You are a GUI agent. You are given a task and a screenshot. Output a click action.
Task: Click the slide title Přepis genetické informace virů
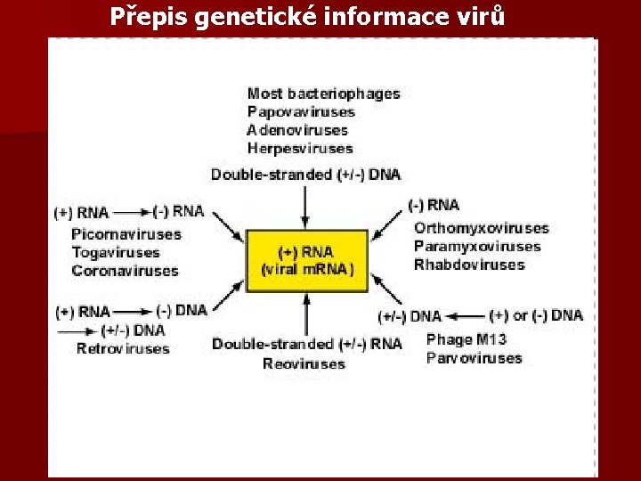click(x=308, y=17)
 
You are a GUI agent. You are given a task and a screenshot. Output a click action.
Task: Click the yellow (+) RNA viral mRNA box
click(x=306, y=260)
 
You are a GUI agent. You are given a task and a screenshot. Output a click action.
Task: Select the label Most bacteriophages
click(x=323, y=94)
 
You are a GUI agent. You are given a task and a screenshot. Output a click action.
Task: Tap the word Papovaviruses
click(x=301, y=112)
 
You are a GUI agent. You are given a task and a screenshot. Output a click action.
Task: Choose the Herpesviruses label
click(x=300, y=149)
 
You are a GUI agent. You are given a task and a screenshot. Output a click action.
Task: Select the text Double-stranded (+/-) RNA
click(x=306, y=344)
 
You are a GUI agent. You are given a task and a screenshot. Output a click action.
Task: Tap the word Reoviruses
click(x=304, y=363)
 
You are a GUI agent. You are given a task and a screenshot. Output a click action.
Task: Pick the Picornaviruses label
click(x=126, y=234)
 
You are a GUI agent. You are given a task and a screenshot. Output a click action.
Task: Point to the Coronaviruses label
click(x=125, y=271)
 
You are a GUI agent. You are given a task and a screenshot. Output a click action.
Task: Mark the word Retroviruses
click(x=122, y=348)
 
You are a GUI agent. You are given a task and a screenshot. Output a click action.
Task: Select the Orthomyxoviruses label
click(x=481, y=229)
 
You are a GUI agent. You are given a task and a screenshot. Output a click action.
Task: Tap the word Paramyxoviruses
click(x=477, y=247)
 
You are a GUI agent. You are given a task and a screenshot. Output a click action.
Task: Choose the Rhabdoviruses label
click(x=469, y=265)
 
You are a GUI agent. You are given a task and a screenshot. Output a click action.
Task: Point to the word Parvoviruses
click(x=474, y=358)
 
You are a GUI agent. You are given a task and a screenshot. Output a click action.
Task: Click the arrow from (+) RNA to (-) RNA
click(x=132, y=212)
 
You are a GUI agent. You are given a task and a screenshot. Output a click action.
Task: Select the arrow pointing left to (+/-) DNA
click(x=466, y=315)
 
